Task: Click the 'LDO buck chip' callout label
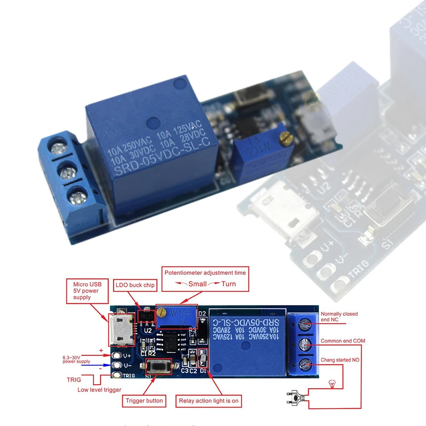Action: click(135, 285)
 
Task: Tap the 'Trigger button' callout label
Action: click(144, 400)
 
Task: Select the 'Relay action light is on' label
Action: click(208, 400)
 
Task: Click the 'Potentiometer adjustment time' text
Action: click(205, 273)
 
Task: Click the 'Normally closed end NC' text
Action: click(339, 317)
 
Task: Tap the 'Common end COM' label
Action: click(343, 341)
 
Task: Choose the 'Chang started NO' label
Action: click(340, 360)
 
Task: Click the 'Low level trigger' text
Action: click(99, 390)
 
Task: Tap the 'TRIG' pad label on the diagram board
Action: click(129, 375)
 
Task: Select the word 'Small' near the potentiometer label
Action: click(197, 284)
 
